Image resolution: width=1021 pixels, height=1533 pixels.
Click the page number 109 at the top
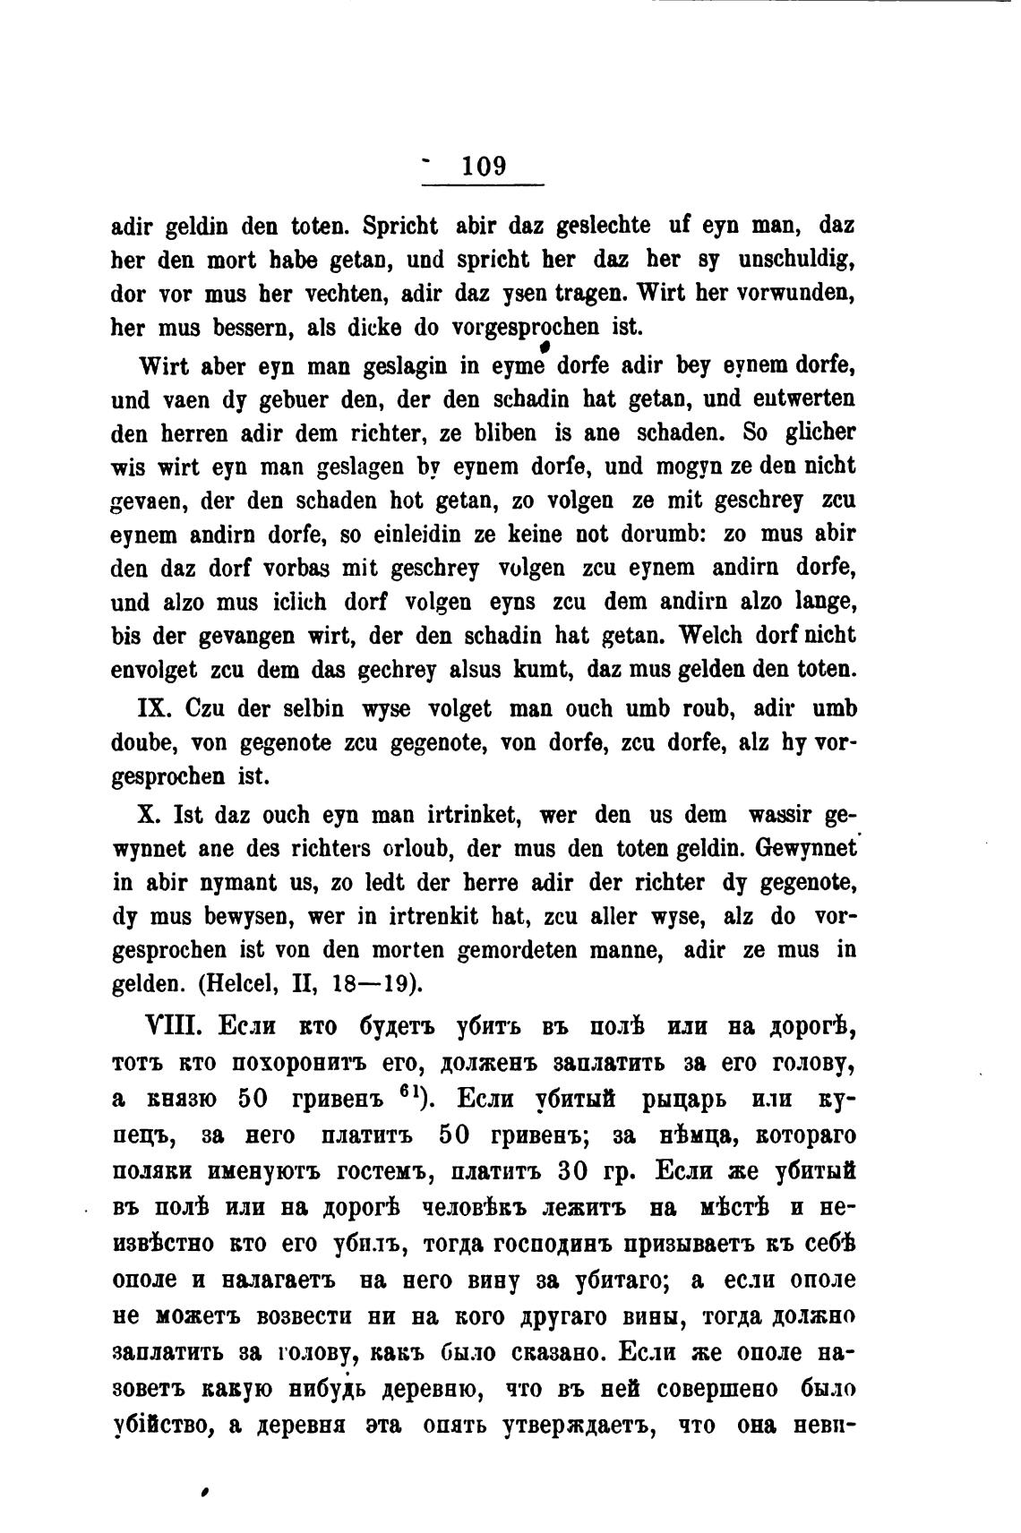point(485,167)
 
